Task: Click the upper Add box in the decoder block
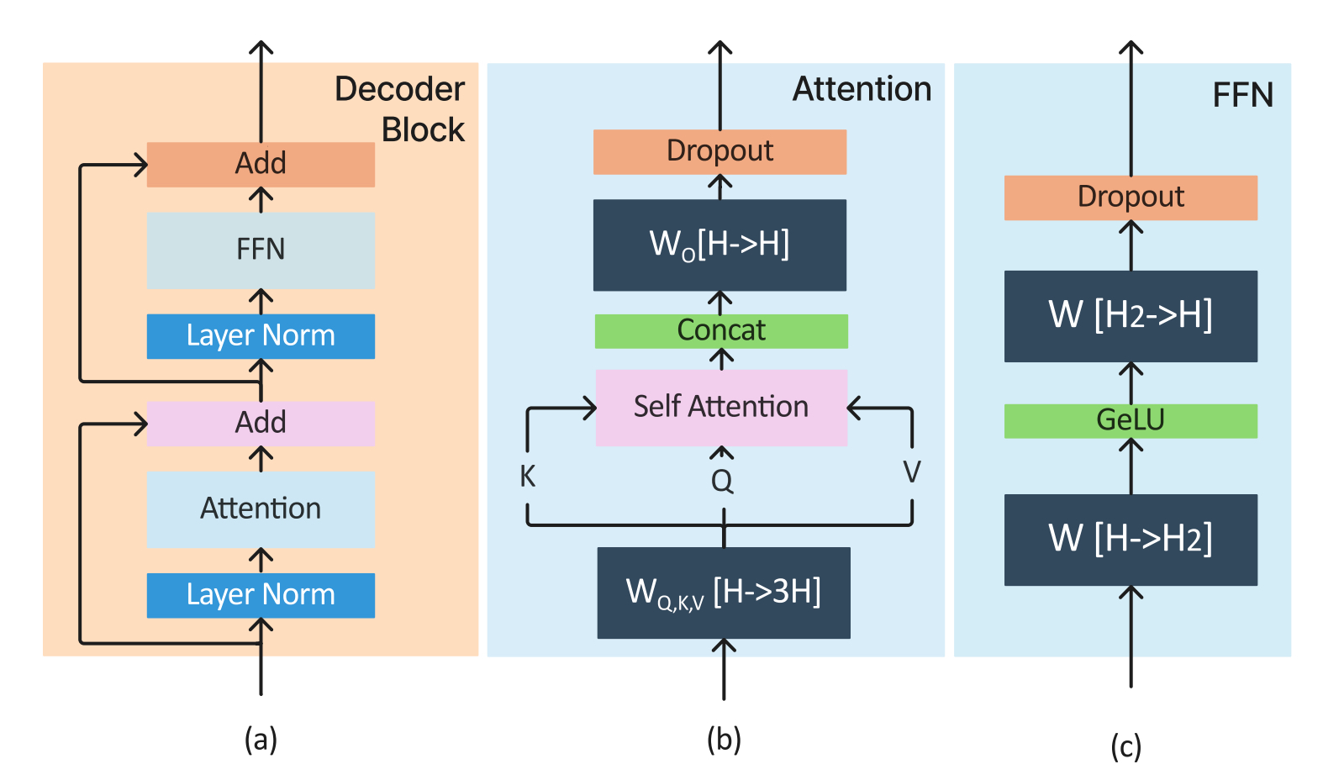coord(261,164)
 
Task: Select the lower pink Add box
coord(261,423)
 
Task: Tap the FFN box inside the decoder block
coord(261,250)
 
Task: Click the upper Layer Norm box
coord(261,336)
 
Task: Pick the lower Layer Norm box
coord(261,595)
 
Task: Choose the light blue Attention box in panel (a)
coord(261,509)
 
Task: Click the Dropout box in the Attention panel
coord(719,151)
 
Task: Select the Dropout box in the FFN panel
coord(1131,198)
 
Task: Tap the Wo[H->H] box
coord(719,245)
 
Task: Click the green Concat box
coord(721,331)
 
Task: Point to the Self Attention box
coord(721,408)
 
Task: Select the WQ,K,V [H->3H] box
coord(724,593)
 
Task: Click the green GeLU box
coord(1131,420)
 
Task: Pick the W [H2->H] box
coord(1131,316)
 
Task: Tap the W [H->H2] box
coord(1131,540)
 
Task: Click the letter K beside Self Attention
coord(527,477)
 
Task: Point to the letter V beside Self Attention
coord(912,472)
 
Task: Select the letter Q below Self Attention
coord(722,482)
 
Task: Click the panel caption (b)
coord(724,740)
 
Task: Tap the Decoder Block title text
coord(401,109)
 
